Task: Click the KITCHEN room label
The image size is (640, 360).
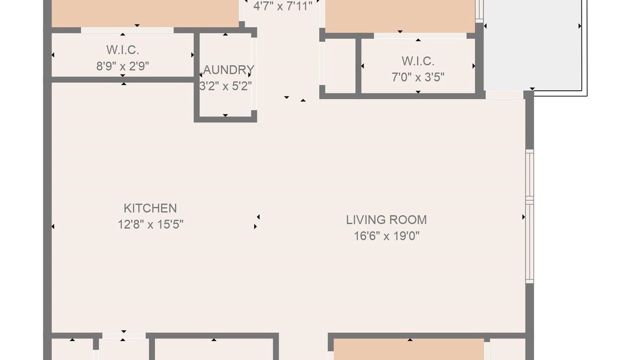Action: [x=150, y=208]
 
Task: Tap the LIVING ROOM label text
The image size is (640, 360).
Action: [x=386, y=220]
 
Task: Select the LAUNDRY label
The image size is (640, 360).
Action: [x=225, y=70]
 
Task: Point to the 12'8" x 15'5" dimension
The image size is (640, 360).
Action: [x=150, y=224]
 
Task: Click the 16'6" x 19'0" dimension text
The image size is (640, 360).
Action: [x=386, y=236]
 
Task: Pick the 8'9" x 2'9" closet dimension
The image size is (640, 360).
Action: [x=122, y=66]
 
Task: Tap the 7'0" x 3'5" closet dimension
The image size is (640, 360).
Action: [x=418, y=77]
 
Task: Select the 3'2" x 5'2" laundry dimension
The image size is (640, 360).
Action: [x=225, y=86]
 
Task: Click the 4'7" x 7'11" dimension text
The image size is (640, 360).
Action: [x=282, y=5]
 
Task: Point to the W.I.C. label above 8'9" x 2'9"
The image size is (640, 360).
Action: [x=122, y=50]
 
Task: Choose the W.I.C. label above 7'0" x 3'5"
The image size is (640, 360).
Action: [x=418, y=61]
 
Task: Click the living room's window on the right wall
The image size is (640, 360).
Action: [x=529, y=216]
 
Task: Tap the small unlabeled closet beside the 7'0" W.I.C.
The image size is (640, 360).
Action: [x=340, y=66]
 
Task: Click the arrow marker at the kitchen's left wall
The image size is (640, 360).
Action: [x=53, y=226]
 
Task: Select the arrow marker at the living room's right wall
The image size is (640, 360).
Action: [x=523, y=217]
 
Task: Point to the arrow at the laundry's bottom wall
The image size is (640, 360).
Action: [x=225, y=115]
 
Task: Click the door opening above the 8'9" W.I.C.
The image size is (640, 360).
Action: [x=127, y=30]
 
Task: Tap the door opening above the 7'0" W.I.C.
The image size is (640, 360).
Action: [x=420, y=35]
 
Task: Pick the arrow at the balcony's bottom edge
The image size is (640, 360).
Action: [x=532, y=89]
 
